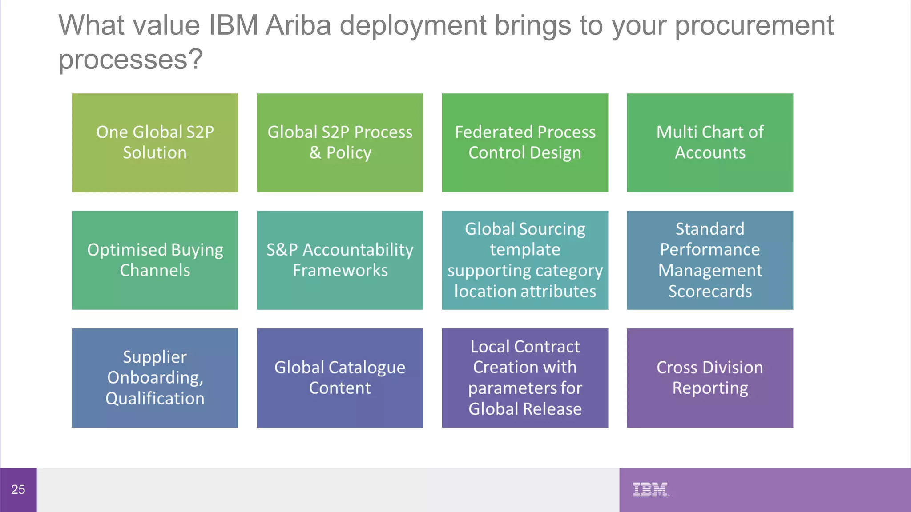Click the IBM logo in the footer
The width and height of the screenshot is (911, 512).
click(651, 489)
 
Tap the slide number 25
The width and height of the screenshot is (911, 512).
click(18, 489)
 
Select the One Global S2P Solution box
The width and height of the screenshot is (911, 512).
click(155, 143)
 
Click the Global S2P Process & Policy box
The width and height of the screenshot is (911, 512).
click(340, 143)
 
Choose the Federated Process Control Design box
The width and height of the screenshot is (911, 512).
click(525, 143)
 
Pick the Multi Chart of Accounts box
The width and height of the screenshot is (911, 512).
click(710, 143)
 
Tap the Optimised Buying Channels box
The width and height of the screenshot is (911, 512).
click(155, 260)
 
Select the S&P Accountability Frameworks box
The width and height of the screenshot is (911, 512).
click(340, 260)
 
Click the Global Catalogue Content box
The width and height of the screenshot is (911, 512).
click(340, 378)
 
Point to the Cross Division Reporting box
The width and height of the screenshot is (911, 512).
click(710, 378)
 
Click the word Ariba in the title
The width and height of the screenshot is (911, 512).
click(298, 25)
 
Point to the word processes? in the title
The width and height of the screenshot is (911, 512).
click(131, 60)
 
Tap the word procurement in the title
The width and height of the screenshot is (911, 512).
click(754, 25)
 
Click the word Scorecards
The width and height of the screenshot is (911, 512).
click(710, 292)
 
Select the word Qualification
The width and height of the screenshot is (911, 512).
click(155, 399)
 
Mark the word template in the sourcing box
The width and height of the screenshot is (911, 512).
click(525, 250)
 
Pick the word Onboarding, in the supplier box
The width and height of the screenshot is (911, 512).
click(155, 378)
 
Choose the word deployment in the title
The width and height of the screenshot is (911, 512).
click(413, 25)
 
